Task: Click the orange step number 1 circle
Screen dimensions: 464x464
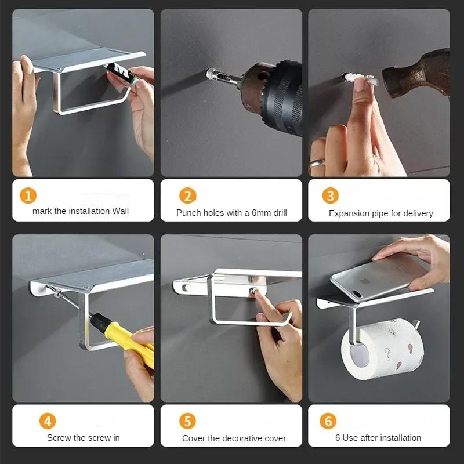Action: click(x=28, y=195)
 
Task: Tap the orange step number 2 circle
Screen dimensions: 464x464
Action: click(x=187, y=195)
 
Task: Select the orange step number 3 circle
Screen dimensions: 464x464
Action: click(x=330, y=195)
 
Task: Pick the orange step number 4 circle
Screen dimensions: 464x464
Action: click(x=48, y=421)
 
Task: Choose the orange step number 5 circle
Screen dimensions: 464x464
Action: click(x=187, y=421)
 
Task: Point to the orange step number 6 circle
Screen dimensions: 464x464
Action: click(x=328, y=421)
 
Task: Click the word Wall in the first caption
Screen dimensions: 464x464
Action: click(x=120, y=211)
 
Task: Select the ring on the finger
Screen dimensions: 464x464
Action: click(x=317, y=163)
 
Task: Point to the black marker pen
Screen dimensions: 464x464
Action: click(x=122, y=74)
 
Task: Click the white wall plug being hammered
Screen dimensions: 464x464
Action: click(x=360, y=79)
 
